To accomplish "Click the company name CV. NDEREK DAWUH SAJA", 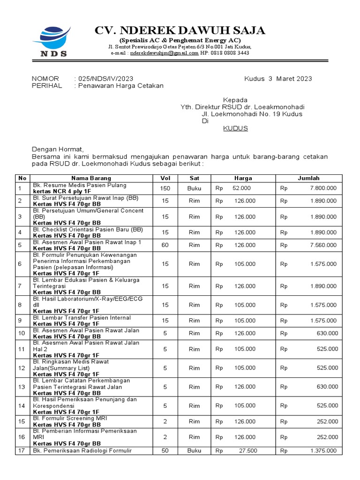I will [180, 30].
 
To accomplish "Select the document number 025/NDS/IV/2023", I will [105, 79].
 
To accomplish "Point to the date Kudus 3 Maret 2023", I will [278, 79].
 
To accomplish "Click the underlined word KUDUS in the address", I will [235, 128].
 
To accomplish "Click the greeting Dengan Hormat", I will [57, 149].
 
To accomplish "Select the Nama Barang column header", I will [91, 178].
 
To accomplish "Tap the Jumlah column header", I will [308, 178].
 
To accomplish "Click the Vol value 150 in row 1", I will [165, 188].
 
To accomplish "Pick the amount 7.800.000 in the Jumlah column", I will [323, 188].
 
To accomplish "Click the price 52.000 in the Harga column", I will [242, 188].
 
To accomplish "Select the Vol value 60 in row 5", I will [165, 245].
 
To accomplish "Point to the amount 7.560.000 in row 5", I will [323, 245].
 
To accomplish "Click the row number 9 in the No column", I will [20, 321].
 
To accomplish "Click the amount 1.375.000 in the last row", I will [323, 451].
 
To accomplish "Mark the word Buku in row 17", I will [194, 451].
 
